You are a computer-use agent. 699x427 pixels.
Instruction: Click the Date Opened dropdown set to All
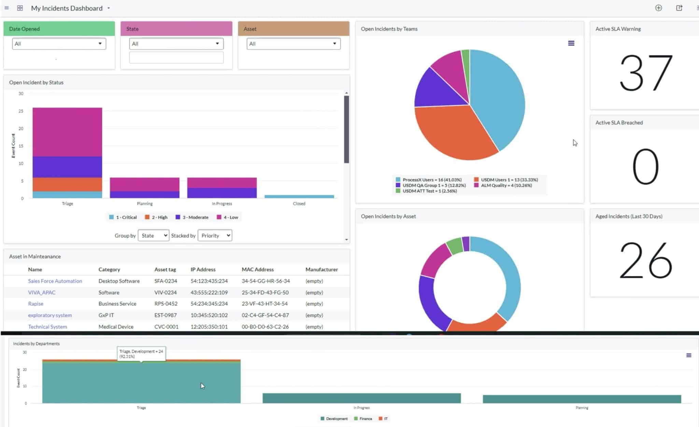[59, 44]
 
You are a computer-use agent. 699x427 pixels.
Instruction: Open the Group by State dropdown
[153, 235]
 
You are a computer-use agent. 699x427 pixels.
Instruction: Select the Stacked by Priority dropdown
[215, 235]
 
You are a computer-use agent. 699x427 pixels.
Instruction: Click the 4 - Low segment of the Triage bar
[67, 132]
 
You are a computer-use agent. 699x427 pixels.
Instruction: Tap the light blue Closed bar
[299, 196]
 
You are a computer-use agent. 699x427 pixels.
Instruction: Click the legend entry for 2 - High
[156, 217]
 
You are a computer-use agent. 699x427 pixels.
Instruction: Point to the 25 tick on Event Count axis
[21, 111]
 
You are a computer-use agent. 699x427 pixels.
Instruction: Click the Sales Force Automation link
[55, 281]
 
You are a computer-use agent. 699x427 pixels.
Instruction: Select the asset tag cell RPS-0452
[166, 304]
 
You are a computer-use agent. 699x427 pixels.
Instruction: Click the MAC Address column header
[258, 269]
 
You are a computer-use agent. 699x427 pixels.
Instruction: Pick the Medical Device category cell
[116, 327]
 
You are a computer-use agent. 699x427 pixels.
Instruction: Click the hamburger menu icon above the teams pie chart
[571, 43]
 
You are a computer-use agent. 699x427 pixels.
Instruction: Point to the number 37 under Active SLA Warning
[645, 72]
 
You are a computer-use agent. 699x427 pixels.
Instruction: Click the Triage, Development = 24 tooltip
[141, 354]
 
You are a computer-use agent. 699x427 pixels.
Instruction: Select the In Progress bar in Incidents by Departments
[361, 398]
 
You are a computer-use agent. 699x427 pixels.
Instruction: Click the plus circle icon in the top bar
[658, 8]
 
